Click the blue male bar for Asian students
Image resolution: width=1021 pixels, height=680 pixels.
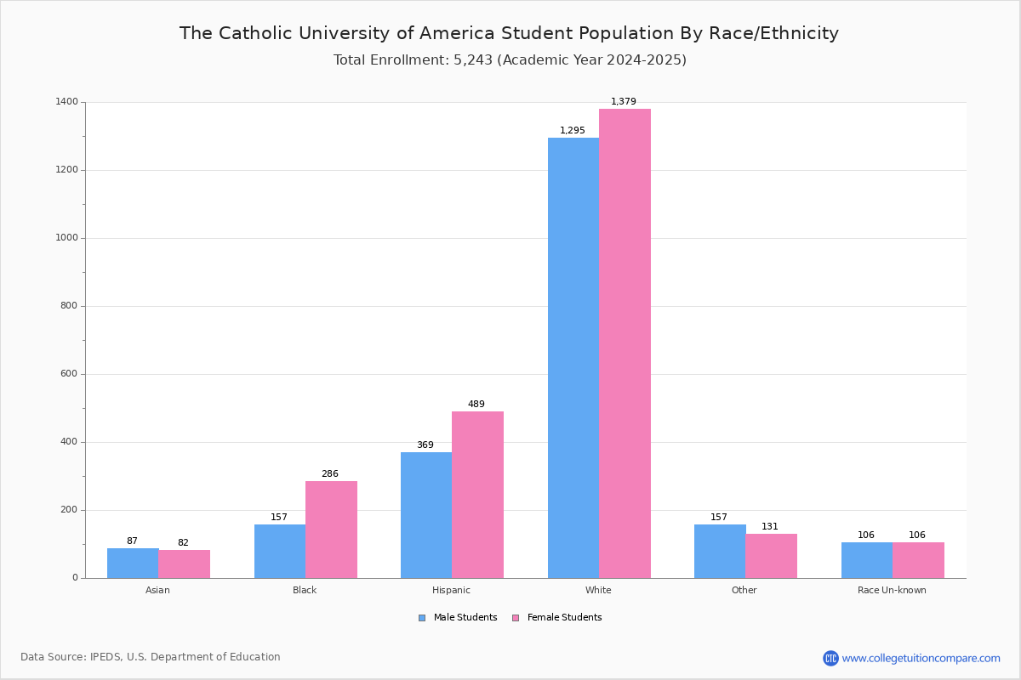[x=133, y=563]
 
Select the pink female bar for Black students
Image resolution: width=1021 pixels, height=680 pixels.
[x=331, y=530]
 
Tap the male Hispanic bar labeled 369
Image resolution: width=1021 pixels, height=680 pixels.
[x=426, y=515]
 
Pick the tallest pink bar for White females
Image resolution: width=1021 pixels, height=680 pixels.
[x=625, y=343]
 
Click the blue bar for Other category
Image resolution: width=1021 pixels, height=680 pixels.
[x=720, y=551]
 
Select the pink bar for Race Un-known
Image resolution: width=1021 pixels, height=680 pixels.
[x=918, y=560]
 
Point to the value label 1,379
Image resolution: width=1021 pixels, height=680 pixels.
[x=624, y=101]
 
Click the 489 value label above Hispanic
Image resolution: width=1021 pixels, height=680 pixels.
[x=476, y=404]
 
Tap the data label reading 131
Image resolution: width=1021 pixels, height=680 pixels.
[x=770, y=526]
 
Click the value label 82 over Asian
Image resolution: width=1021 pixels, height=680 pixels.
[x=183, y=542]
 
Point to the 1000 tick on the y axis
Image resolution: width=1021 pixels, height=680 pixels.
[x=67, y=238]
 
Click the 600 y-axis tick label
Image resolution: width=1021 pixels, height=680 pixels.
[x=69, y=374]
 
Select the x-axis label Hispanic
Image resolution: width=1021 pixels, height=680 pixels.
[x=451, y=590]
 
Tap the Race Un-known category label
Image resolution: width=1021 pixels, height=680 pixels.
[x=892, y=590]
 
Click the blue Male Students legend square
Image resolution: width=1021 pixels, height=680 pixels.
[x=422, y=618]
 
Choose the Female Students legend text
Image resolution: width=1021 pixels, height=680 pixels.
[x=565, y=618]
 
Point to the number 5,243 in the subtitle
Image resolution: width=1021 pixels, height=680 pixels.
[x=473, y=60]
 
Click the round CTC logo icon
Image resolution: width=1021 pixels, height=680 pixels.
[x=830, y=658]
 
